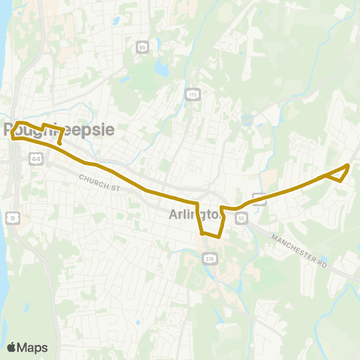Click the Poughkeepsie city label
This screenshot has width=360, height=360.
click(x=60, y=129)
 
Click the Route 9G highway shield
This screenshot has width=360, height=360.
click(x=142, y=47)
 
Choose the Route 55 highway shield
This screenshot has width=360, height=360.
click(x=241, y=217)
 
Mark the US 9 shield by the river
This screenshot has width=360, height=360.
click(x=11, y=217)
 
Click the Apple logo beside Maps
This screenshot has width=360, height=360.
click(x=12, y=347)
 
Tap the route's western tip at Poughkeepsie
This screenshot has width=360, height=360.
click(x=11, y=136)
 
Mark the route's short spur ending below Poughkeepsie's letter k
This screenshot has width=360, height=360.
click(x=60, y=141)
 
